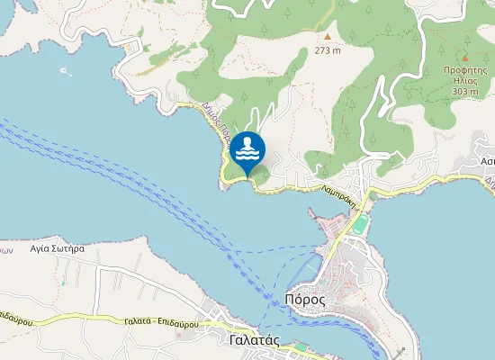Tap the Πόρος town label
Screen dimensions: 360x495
(304, 299)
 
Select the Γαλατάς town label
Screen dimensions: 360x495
(256, 341)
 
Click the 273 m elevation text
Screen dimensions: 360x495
(328, 50)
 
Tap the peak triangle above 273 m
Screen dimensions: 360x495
(328, 37)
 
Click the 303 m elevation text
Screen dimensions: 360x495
(465, 91)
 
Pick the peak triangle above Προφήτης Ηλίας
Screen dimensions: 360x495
(465, 56)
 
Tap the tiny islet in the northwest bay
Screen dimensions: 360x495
(64, 70)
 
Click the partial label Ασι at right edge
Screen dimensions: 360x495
(488, 162)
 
